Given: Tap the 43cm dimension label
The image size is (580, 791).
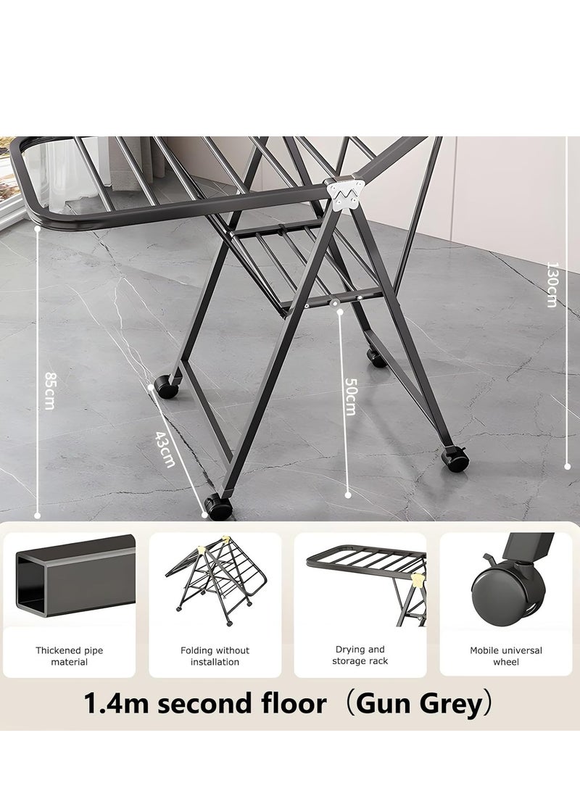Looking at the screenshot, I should coord(166,450).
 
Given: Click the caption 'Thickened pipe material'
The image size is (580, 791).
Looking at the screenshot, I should coord(70,656).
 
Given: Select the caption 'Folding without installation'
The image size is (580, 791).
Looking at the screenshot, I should coord(215,656).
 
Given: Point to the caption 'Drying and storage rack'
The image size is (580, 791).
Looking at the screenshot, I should coord(360,655).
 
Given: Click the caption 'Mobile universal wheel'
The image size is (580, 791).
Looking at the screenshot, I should coord(505,656).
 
